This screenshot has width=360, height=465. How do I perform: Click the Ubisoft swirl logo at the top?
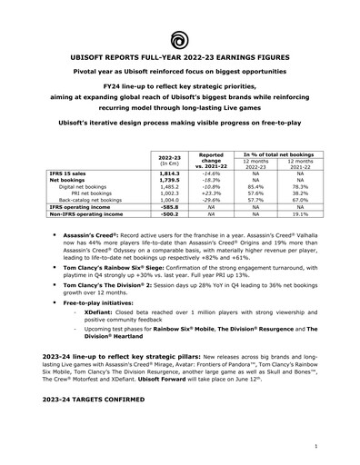tap(180, 38)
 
